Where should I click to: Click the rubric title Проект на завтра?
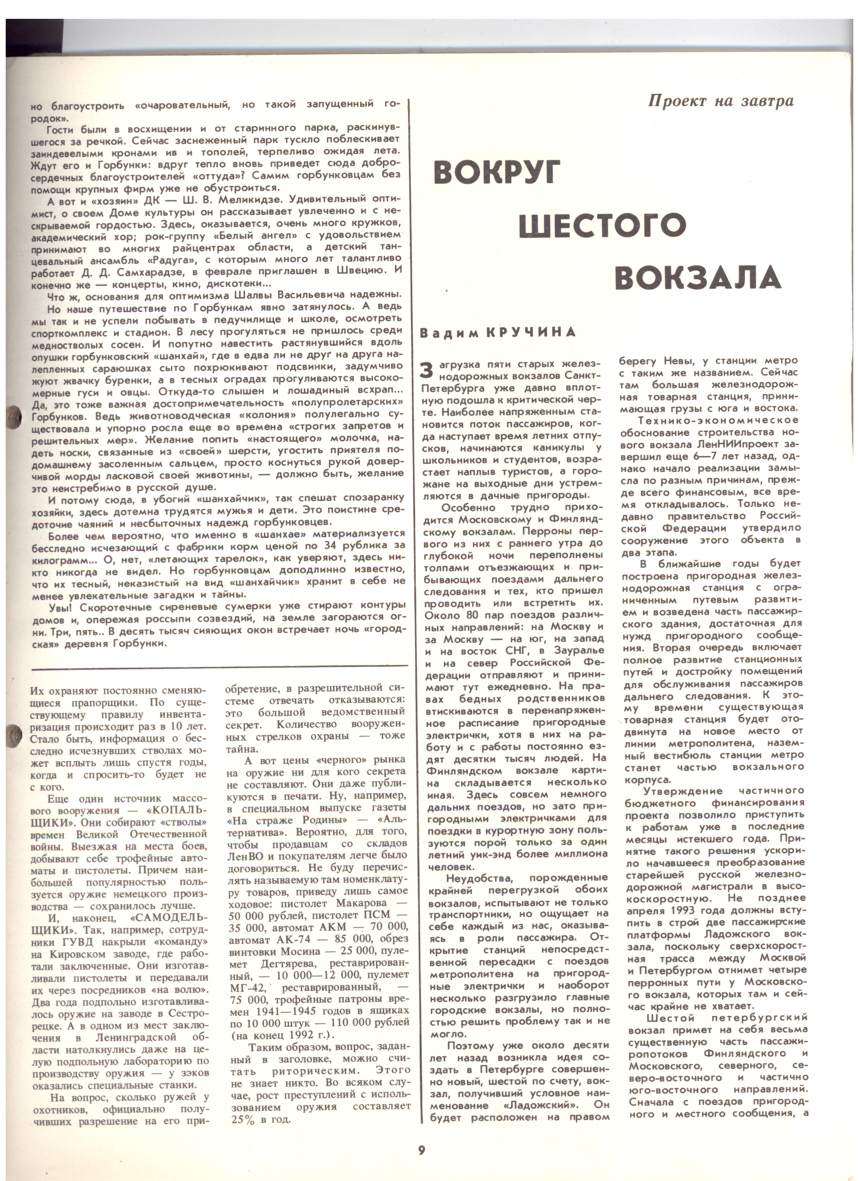coord(721,101)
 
